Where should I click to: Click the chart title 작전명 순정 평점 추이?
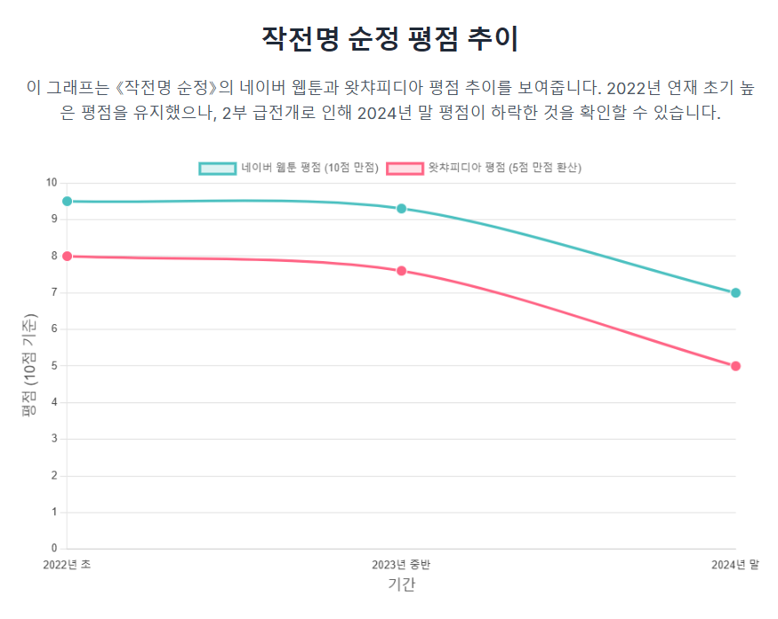coord(389,38)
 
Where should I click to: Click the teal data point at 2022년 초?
coord(67,202)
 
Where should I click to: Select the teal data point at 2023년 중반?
coord(401,209)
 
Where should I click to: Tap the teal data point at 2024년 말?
coord(735,293)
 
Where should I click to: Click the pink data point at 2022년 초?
coord(67,256)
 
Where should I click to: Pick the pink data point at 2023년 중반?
coord(401,271)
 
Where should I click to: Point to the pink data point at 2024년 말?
coord(735,366)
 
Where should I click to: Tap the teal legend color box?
coord(217,167)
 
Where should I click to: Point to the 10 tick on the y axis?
coord(52,183)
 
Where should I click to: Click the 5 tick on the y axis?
coord(54,366)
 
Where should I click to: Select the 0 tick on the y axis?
coord(54,548)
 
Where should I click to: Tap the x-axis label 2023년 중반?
coord(401,564)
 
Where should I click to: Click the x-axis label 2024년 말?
coord(734,564)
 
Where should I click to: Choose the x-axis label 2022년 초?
coord(68,564)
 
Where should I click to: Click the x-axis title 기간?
coord(401,583)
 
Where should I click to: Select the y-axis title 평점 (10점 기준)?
coord(31,366)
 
